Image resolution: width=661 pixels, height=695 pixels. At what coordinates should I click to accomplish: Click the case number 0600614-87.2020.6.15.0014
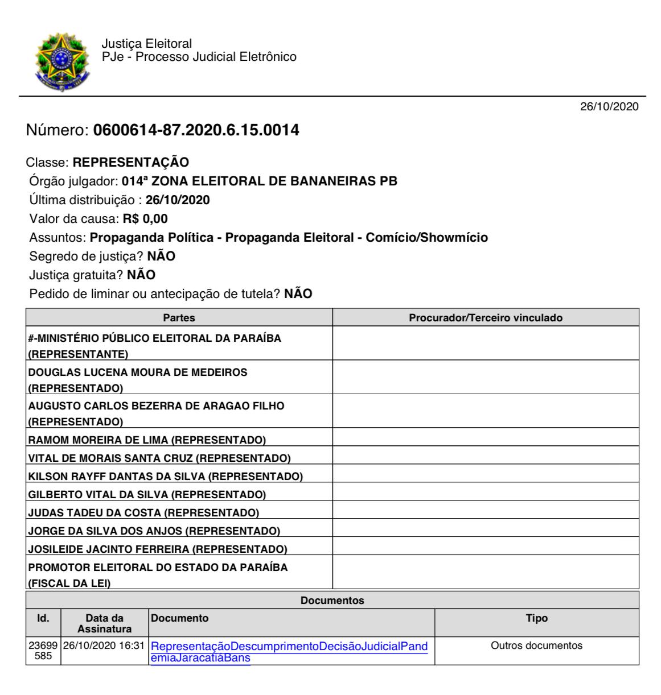point(192,131)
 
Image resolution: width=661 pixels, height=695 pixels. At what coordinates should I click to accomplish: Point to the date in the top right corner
point(609,106)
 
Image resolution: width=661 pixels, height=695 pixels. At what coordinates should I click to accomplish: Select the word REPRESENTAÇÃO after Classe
point(131,162)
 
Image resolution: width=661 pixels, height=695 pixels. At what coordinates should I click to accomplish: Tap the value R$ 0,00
point(145,218)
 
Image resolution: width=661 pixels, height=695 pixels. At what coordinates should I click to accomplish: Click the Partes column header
point(179,318)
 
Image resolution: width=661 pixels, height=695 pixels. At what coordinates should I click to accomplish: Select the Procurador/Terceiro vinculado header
point(485,318)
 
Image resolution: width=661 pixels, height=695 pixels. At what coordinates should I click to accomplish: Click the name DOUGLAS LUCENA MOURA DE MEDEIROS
point(138,373)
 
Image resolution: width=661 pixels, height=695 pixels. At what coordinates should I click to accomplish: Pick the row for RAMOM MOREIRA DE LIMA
point(147,440)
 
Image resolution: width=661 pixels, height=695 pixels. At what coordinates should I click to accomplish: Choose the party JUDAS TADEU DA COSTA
point(143,513)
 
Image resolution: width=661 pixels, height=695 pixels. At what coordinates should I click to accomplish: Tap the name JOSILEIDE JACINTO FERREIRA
point(158,549)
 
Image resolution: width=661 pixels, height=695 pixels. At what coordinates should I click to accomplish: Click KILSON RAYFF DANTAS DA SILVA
point(165,476)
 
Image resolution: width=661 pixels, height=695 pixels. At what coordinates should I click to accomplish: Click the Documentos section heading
point(332,601)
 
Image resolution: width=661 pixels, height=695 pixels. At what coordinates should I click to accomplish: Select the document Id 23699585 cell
point(43,651)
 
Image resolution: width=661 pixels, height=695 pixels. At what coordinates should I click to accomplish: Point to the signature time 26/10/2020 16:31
point(104,646)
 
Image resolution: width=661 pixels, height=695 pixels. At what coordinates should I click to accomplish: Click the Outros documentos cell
point(536,646)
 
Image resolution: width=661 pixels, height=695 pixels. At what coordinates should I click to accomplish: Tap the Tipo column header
point(536,618)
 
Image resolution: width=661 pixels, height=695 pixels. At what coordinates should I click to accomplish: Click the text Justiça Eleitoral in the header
point(146,44)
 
